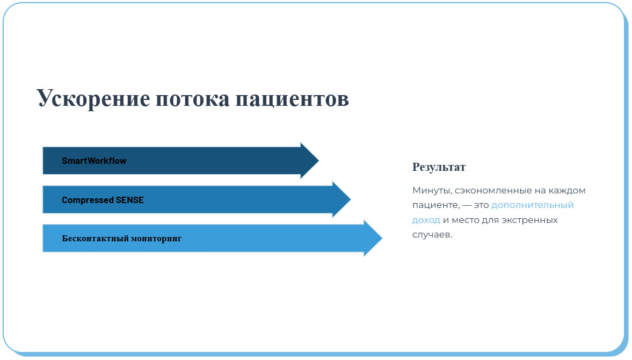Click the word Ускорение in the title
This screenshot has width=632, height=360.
pos(93,98)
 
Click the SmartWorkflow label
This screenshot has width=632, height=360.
pos(94,161)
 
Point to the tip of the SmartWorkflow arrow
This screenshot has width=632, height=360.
pos(319,161)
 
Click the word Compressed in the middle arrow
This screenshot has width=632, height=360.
pos(88,200)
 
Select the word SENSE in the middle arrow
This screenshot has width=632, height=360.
pos(130,200)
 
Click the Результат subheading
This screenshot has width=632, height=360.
pos(439,167)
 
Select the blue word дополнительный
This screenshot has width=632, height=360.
pos(533,205)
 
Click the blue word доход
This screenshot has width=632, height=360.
pos(426,220)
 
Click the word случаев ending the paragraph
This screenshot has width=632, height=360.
pos(432,235)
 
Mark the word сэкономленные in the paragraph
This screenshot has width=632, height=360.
pos(493,190)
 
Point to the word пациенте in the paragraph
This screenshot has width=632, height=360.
pos(436,205)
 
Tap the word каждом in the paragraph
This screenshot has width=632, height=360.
pos(567,190)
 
